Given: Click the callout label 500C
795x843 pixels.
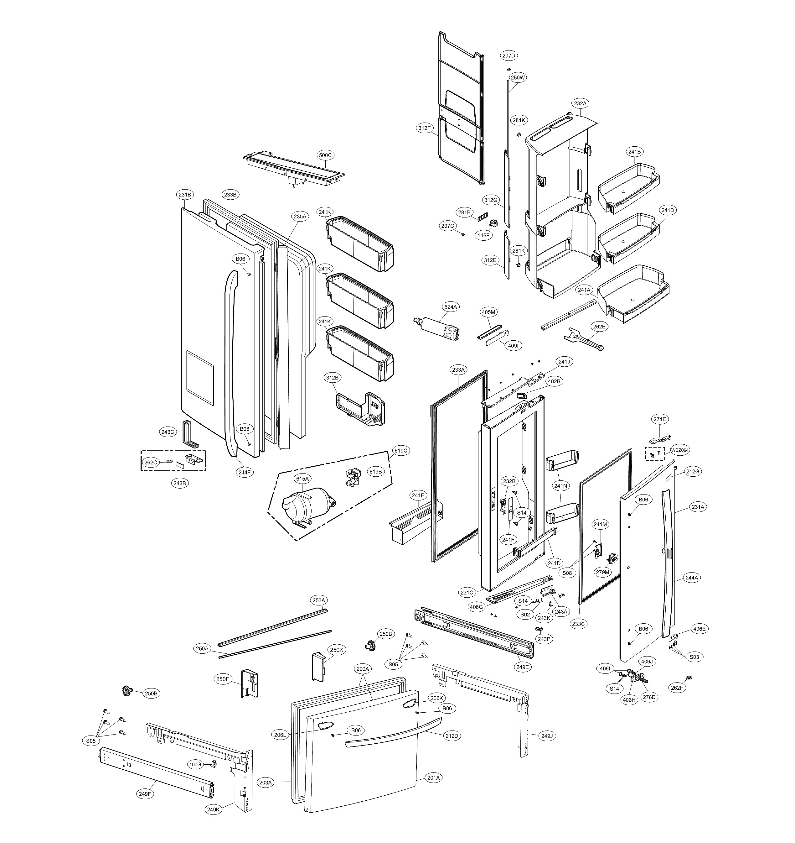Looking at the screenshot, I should (325, 155).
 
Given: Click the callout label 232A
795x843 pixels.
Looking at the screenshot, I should (580, 103).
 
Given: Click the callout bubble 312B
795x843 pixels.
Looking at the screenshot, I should (333, 377).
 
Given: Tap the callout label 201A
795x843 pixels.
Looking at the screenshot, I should (434, 778).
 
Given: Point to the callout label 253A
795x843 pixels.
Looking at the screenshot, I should (318, 600).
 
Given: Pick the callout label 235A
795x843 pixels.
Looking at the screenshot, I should (300, 216).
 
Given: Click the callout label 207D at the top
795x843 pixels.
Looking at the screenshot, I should (509, 55).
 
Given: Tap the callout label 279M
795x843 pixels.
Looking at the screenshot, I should (603, 572).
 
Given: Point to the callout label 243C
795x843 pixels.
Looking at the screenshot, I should (168, 432).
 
